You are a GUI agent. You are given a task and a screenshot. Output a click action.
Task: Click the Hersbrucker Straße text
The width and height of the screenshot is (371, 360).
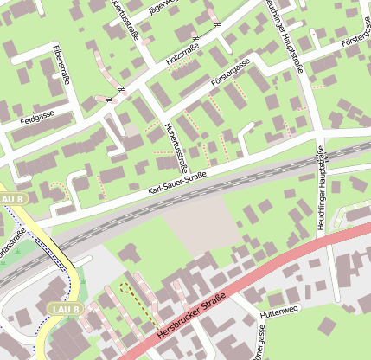[191, 318]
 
